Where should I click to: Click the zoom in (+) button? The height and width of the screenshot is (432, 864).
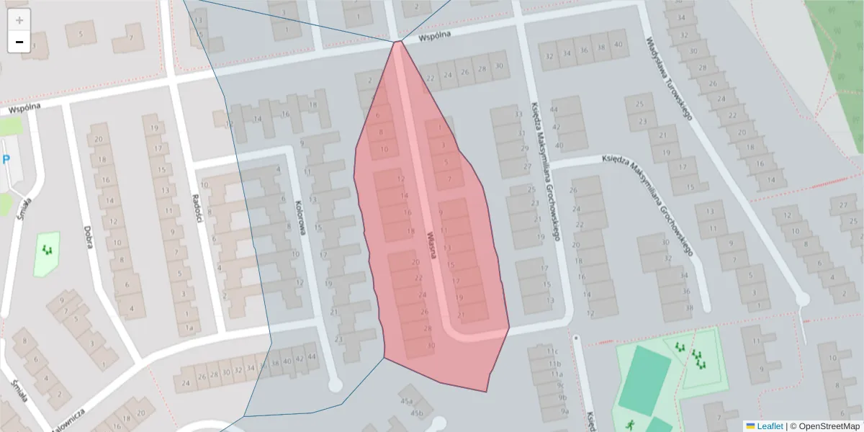click(x=19, y=20)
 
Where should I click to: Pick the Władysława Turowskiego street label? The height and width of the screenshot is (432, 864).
click(x=669, y=79)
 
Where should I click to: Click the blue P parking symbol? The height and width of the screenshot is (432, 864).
click(x=6, y=159)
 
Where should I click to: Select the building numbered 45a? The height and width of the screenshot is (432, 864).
click(x=407, y=401)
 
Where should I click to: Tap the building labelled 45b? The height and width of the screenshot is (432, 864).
click(x=417, y=413)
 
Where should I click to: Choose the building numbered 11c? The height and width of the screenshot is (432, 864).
click(x=553, y=351)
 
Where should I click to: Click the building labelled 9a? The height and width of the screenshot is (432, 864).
click(x=564, y=411)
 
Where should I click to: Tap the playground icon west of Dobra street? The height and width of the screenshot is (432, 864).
click(x=48, y=250)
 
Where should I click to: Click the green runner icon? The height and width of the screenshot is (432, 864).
click(x=631, y=424)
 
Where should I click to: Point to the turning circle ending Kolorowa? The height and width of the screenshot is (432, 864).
click(x=335, y=386)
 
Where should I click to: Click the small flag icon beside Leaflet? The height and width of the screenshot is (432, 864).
click(x=750, y=426)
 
